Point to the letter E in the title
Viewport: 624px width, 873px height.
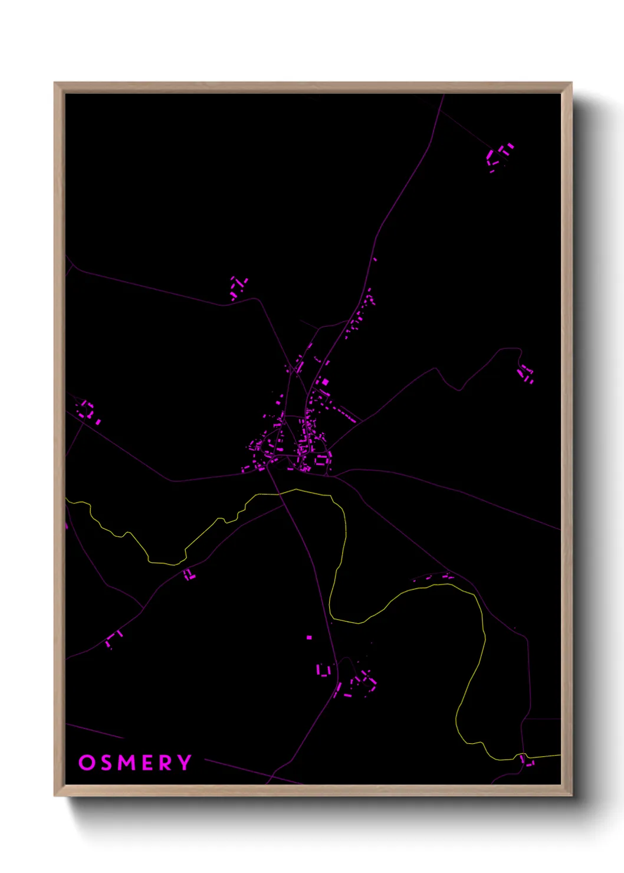click(x=148, y=762)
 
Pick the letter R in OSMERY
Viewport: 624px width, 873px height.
click(x=166, y=762)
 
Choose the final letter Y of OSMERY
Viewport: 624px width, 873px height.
click(x=185, y=762)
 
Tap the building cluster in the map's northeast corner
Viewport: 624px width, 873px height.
click(x=498, y=156)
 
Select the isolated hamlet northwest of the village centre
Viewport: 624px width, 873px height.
click(x=238, y=287)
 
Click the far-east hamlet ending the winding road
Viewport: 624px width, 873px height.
click(x=525, y=374)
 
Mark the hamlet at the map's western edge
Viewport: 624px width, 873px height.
click(x=88, y=411)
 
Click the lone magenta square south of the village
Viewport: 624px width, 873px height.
click(x=308, y=637)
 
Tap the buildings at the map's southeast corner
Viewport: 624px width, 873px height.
click(x=527, y=761)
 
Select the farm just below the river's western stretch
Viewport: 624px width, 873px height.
click(x=188, y=574)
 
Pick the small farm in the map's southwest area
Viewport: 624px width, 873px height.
click(x=114, y=638)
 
